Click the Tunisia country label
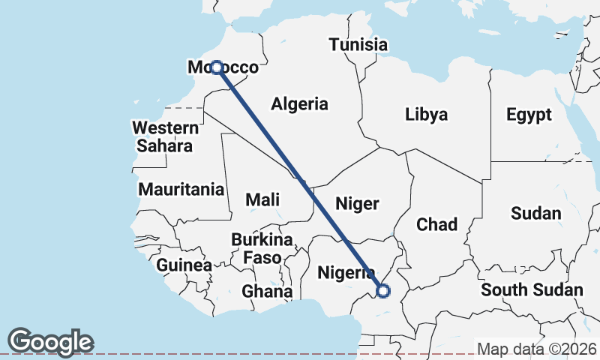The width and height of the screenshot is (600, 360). tap(358, 45)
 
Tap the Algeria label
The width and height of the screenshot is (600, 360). tap(300, 104)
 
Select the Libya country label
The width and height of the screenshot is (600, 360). tap(426, 115)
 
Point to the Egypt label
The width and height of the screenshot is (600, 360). tap(529, 115)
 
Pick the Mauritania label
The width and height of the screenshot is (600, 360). tap(181, 188)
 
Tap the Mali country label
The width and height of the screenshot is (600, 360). tap(262, 199)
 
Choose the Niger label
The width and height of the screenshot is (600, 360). tap(357, 203)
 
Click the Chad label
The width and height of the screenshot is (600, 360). tap(436, 223)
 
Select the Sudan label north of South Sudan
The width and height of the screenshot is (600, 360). tap(535, 213)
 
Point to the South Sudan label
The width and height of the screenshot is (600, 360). tap(532, 289)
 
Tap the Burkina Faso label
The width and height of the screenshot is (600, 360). tap(261, 248)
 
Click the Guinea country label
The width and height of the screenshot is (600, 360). tap(184, 265)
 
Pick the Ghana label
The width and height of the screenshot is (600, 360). tap(266, 290)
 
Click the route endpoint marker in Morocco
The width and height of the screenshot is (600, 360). tap(216, 67)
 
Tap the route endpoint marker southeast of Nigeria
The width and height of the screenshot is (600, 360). tap(383, 291)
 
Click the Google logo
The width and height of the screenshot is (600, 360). tap(51, 342)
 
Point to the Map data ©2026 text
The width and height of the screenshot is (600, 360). tap(536, 349)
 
